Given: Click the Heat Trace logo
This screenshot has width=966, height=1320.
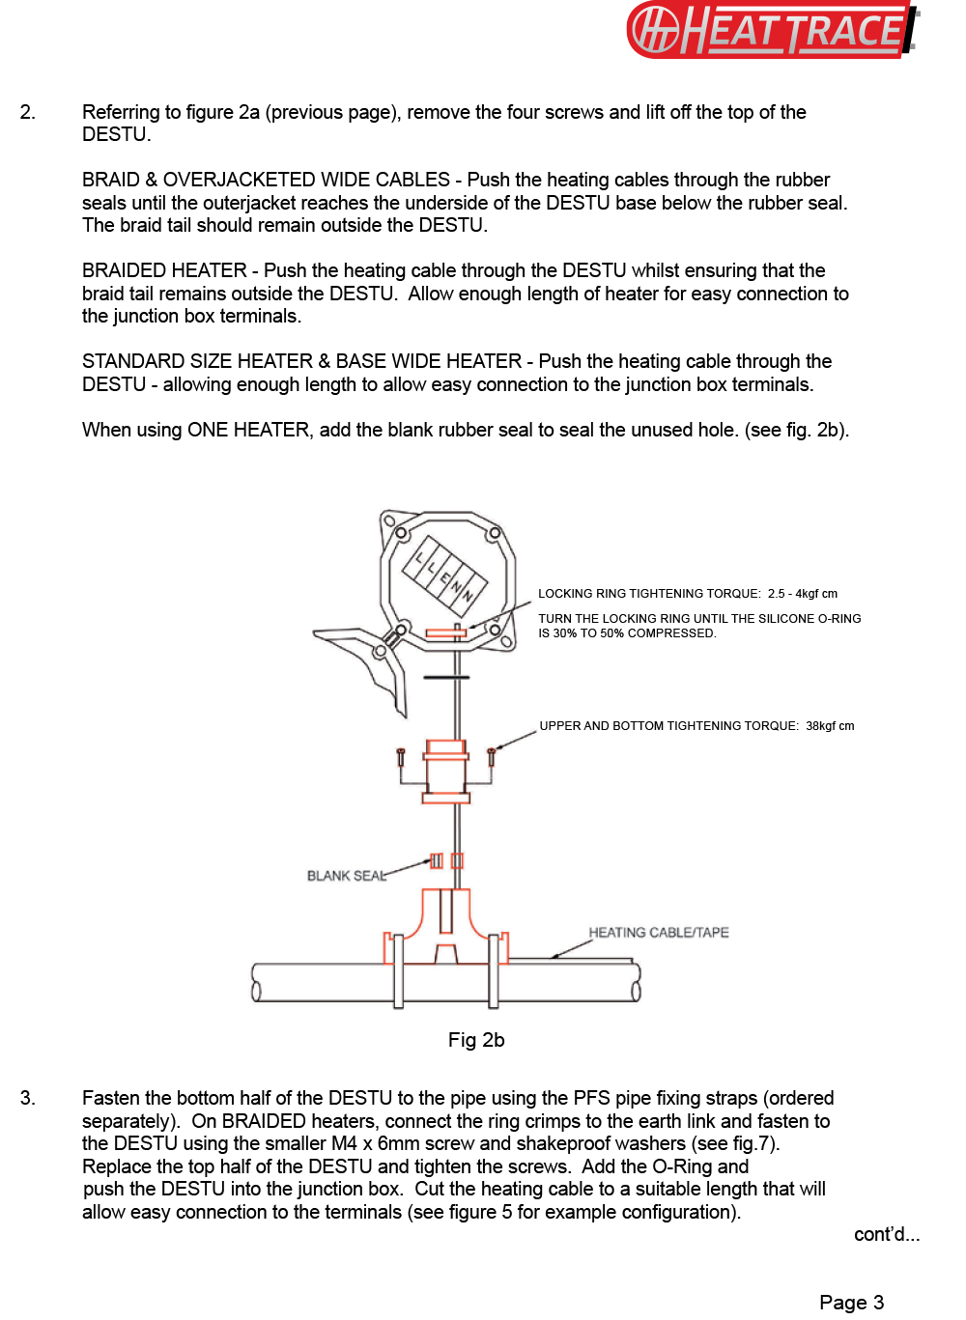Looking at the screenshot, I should (x=773, y=29).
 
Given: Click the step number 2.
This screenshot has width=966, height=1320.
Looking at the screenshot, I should (x=27, y=113).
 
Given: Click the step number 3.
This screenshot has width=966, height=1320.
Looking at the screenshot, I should (x=27, y=1098).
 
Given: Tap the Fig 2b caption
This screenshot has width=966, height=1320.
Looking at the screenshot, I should (x=476, y=1040).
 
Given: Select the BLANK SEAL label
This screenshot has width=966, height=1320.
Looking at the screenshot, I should (x=346, y=876).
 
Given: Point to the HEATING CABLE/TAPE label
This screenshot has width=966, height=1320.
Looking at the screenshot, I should (x=659, y=933).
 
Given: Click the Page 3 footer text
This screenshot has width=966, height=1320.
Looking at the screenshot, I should (x=851, y=1303).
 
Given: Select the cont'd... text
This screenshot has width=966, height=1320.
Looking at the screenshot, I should (x=886, y=1234).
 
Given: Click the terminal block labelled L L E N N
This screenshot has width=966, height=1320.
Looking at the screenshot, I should (x=445, y=576).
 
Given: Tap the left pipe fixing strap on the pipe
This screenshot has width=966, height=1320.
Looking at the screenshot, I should (x=398, y=970).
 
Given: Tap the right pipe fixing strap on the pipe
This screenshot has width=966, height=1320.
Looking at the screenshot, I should (x=494, y=970).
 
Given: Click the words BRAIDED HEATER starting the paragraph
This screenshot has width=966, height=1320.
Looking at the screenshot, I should (x=164, y=271).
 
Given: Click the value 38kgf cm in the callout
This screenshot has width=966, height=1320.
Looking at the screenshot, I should (x=830, y=726).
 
